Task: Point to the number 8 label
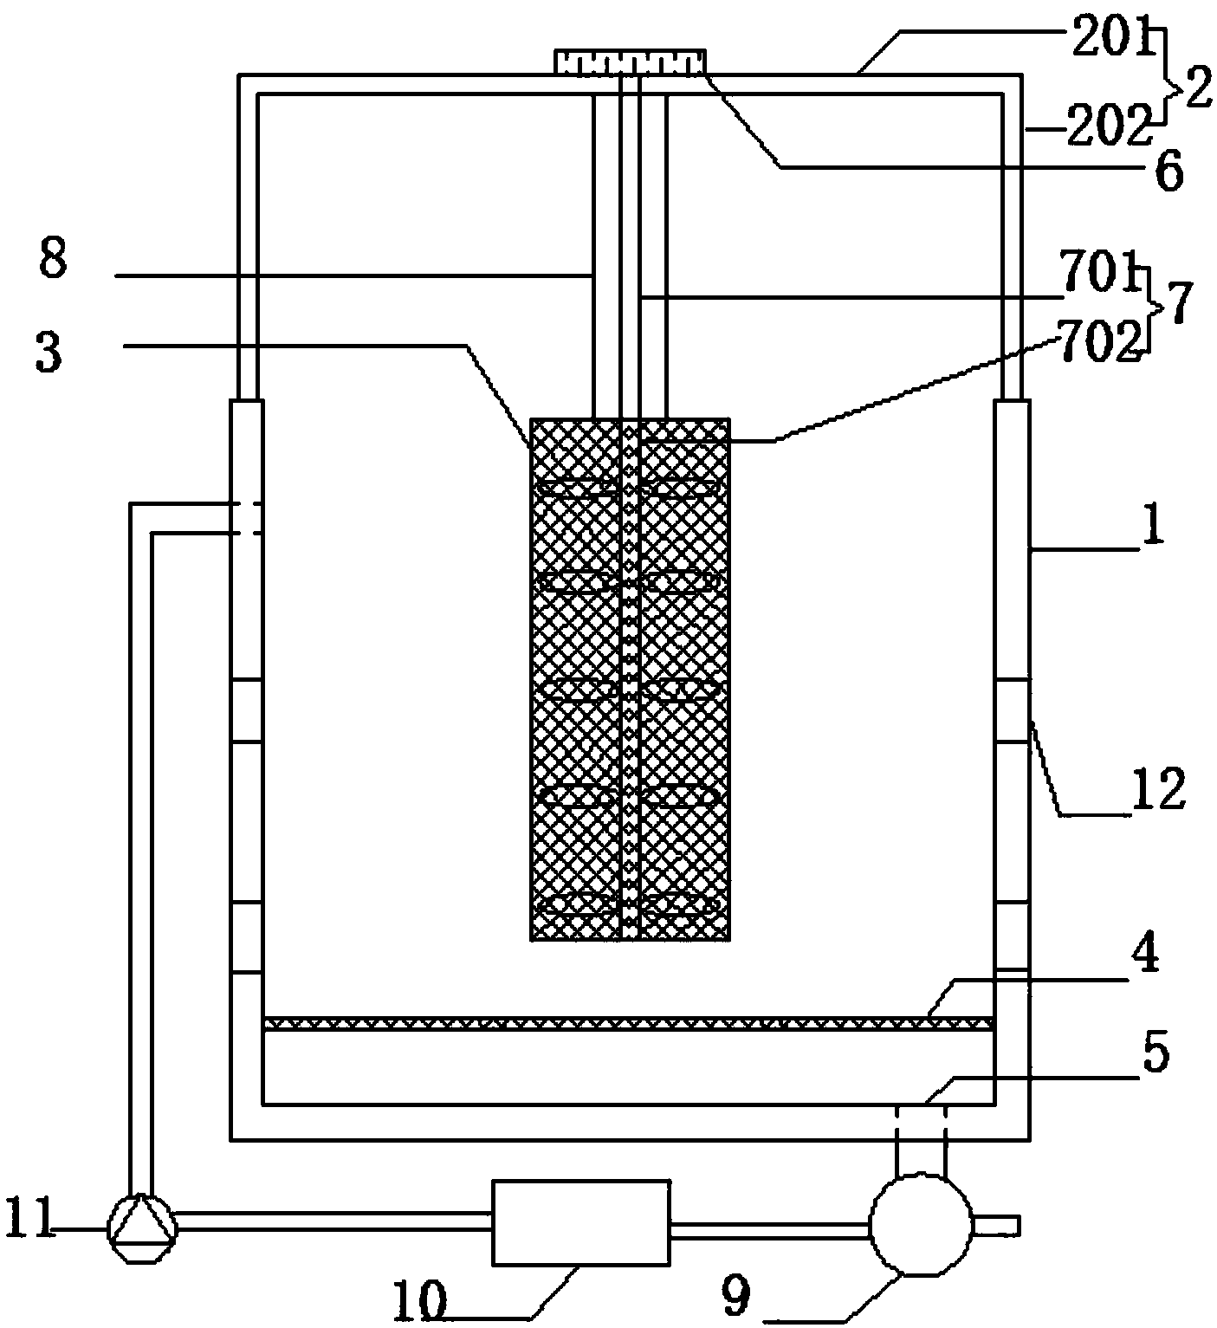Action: click(x=53, y=259)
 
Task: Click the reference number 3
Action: click(x=48, y=352)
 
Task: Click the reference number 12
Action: click(x=1157, y=791)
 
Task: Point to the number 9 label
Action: click(x=735, y=1296)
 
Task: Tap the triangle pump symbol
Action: click(x=142, y=1228)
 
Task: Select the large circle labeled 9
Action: click(x=921, y=1225)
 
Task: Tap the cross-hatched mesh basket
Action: click(x=631, y=680)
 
